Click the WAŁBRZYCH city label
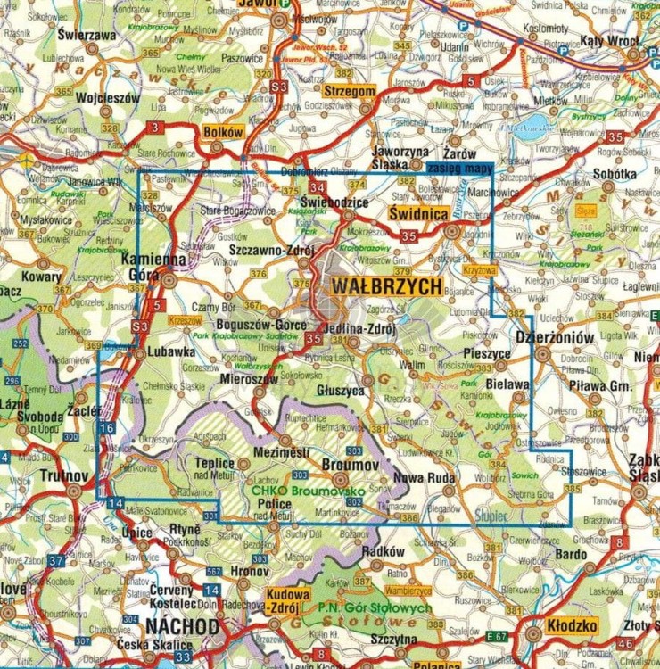[386, 286]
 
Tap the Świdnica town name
[418, 215]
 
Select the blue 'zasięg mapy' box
[458, 167]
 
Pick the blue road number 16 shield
[107, 429]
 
